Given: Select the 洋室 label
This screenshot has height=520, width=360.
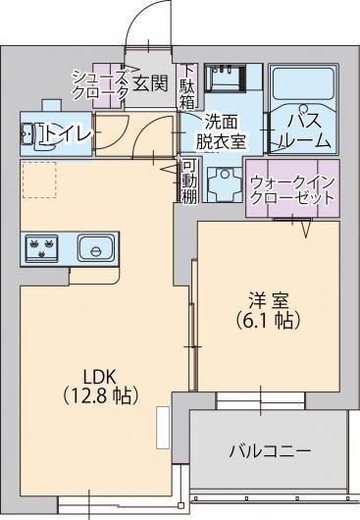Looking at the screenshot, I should tap(260, 300).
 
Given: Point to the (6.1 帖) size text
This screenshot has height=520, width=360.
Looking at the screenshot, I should tap(260, 320).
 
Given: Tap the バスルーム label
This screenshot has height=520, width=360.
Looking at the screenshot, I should tap(302, 131).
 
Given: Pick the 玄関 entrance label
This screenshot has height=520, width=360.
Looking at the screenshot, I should tap(151, 84).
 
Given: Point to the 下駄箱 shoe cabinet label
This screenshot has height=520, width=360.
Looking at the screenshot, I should tap(187, 85).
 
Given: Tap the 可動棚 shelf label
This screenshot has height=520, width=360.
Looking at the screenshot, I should tap(189, 182).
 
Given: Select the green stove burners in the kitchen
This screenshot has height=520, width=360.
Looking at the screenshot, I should tap(42, 247).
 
